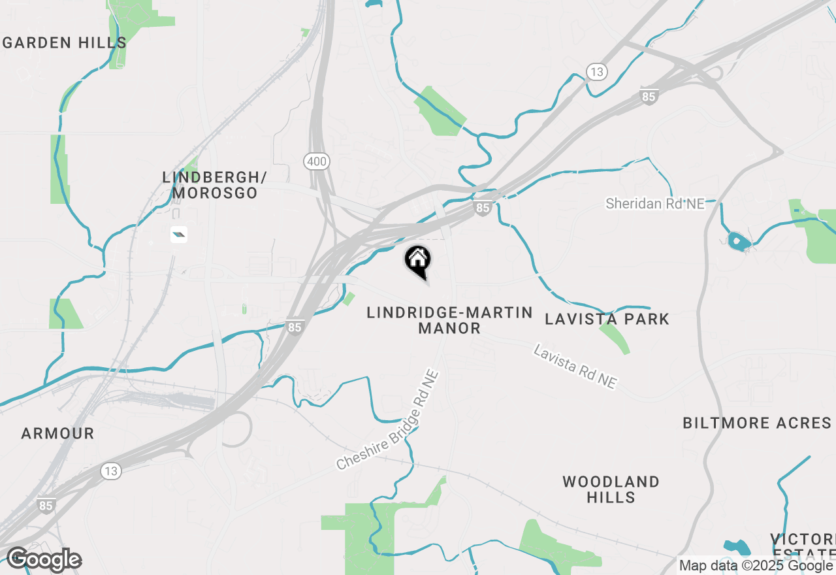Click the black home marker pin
[418, 261]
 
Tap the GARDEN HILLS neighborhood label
[65, 43]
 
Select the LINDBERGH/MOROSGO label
[215, 185]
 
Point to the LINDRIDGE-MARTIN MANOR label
[449, 320]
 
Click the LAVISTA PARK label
[607, 319]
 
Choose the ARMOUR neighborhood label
[57, 433]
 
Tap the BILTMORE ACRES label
[757, 423]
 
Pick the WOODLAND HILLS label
[611, 489]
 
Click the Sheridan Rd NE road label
[655, 204]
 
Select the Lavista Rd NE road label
[575, 368]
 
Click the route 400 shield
[316, 161]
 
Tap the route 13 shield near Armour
[112, 470]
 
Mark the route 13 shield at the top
[597, 72]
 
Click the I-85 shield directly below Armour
[46, 505]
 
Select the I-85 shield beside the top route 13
[649, 97]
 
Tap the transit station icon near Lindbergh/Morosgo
[179, 234]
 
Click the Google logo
[44, 559]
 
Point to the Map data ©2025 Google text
[756, 565]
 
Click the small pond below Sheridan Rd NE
[739, 242]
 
